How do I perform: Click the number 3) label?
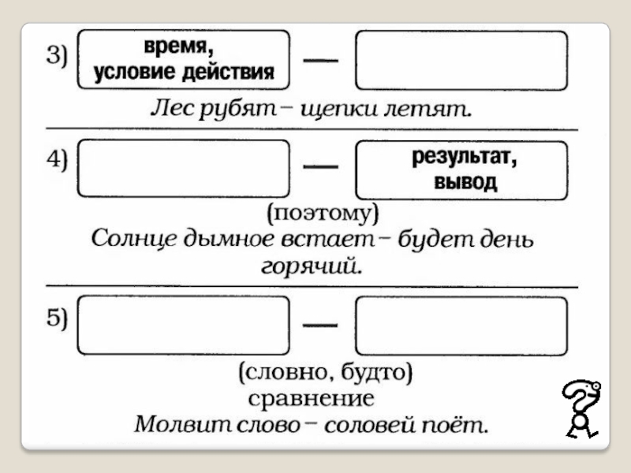pyautogui.click(x=57, y=56)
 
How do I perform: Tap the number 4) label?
pyautogui.click(x=57, y=160)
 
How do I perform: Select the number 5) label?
pyautogui.click(x=57, y=318)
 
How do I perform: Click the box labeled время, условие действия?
pyautogui.click(x=184, y=61)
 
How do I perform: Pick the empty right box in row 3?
pyautogui.click(x=461, y=61)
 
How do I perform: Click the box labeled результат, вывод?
pyautogui.click(x=461, y=169)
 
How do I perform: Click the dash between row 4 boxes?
pyautogui.click(x=322, y=166)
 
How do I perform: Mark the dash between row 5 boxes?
pyautogui.click(x=322, y=323)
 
